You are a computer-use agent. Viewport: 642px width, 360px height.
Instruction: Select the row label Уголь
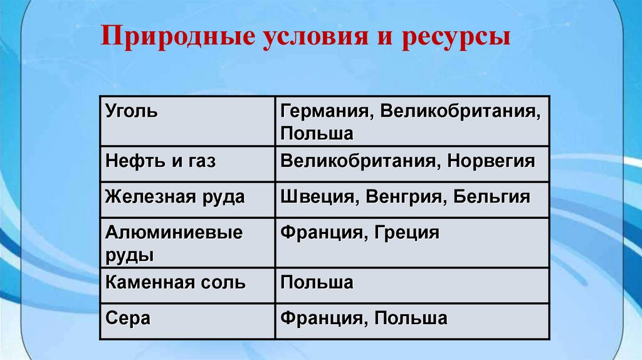click(x=132, y=112)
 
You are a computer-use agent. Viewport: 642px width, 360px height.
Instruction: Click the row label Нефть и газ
click(x=160, y=161)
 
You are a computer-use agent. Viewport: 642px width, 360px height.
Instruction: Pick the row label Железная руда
click(x=175, y=197)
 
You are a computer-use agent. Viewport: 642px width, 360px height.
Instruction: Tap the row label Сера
click(x=128, y=318)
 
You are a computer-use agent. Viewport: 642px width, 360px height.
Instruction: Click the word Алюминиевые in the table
click(x=174, y=233)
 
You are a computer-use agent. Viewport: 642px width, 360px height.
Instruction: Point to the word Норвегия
click(x=491, y=161)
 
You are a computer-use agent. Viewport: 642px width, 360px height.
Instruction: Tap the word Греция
click(x=408, y=233)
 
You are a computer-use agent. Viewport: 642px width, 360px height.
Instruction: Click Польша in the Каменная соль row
click(x=317, y=282)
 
